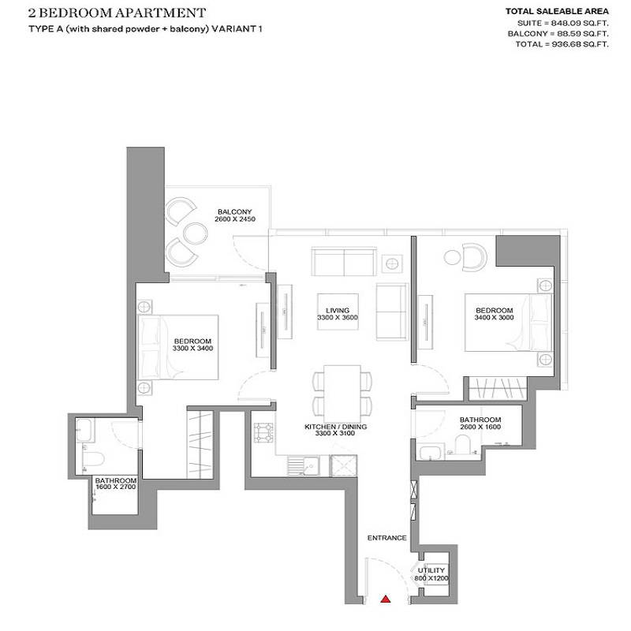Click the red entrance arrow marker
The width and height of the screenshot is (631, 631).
click(386, 599)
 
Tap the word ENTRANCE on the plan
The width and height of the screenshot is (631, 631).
click(386, 538)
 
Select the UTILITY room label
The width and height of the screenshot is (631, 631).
click(432, 570)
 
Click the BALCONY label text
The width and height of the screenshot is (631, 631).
click(234, 212)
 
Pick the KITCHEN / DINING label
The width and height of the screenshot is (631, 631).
click(336, 427)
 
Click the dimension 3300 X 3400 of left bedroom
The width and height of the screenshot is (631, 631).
click(194, 348)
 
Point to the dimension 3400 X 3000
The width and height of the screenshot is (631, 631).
click(495, 318)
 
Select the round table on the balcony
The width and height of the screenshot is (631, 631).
click(193, 232)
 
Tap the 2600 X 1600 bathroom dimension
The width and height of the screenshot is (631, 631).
click(480, 427)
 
